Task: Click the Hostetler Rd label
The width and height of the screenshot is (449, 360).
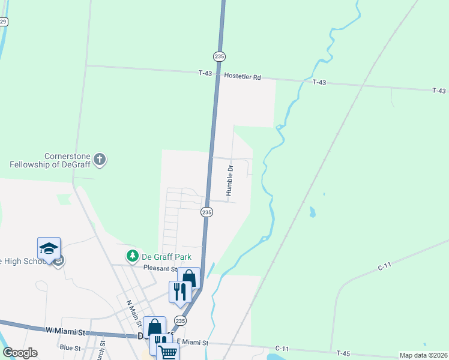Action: [x=243, y=77]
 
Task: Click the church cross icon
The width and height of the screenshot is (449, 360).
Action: [x=100, y=160]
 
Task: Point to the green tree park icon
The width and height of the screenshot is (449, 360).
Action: [x=132, y=256]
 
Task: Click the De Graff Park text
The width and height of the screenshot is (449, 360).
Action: [x=166, y=257]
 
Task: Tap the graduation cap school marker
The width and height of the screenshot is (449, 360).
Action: [x=49, y=248]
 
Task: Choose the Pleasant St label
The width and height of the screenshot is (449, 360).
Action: [x=159, y=268]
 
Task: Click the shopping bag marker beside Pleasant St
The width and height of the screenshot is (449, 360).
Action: [x=188, y=278]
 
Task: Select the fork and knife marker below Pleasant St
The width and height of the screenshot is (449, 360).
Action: [x=180, y=292]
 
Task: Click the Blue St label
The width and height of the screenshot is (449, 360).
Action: [x=70, y=347]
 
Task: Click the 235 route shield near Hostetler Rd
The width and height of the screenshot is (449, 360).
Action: [x=219, y=56]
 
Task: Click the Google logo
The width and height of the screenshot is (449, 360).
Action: [x=20, y=353]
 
